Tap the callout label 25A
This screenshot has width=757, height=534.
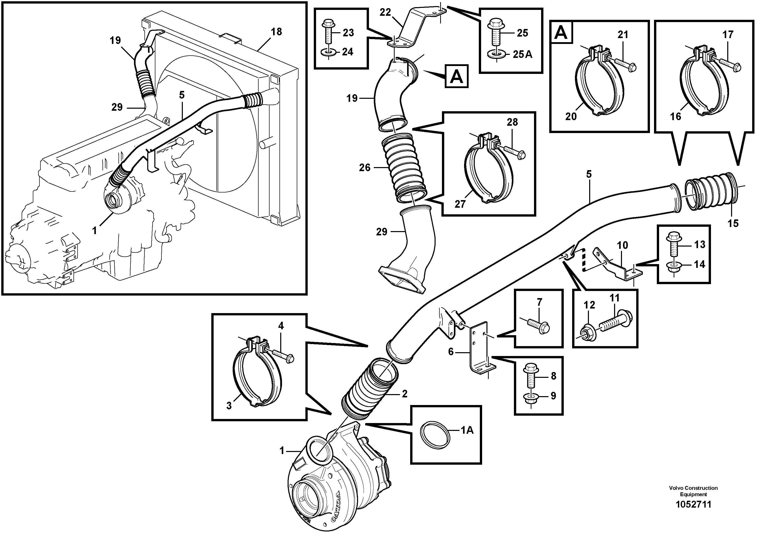pos(523,54)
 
